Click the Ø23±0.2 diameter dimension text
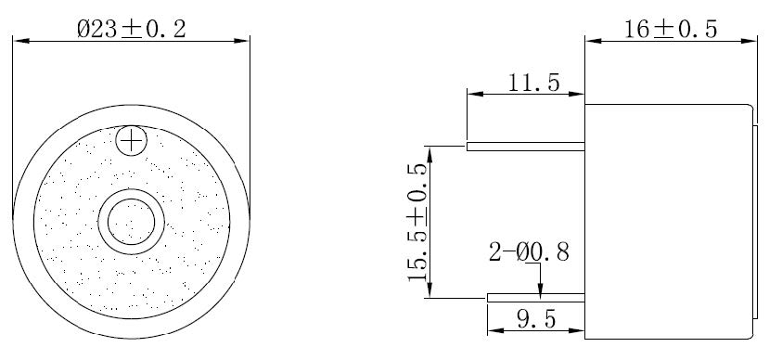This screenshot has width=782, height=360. tap(131, 29)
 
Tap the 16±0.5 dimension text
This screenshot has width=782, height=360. tap(670, 29)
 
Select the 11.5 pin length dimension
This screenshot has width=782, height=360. tap(533, 83)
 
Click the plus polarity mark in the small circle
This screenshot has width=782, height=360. tap(133, 141)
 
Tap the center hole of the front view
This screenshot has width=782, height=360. tap(132, 222)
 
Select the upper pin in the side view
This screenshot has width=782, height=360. tap(525, 146)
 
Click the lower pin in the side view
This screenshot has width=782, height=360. tap(535, 298)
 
